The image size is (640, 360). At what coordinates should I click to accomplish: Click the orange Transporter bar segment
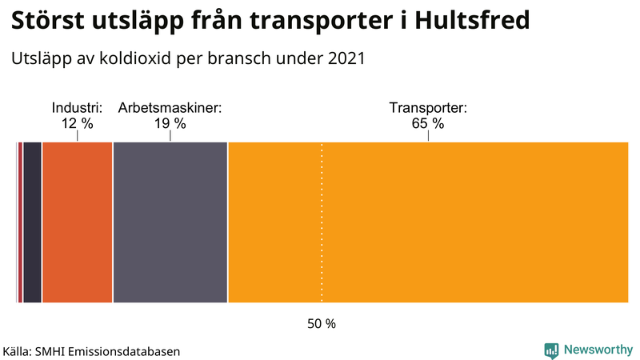428,222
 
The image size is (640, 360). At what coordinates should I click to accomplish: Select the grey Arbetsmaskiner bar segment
170,222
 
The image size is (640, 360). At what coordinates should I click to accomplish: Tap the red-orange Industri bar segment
78,222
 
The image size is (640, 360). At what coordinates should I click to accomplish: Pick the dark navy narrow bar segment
32,222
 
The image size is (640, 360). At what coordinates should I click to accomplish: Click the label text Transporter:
428,107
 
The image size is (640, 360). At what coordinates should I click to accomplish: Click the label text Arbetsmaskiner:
170,107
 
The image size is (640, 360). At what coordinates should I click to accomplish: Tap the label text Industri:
78,107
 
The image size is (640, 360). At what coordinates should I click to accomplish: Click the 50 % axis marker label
322,324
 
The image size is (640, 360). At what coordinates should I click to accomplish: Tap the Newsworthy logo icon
551,350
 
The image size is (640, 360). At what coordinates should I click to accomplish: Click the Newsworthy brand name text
598,350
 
